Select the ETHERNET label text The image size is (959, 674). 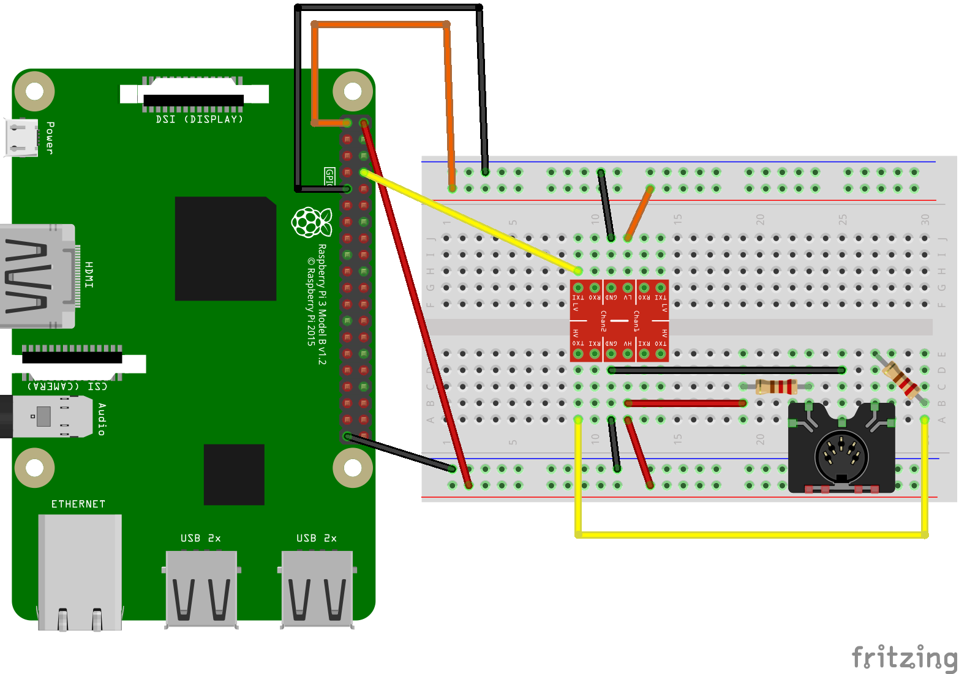pos(78,504)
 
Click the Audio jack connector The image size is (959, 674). pos(43,416)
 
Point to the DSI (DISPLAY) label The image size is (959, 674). pos(199,119)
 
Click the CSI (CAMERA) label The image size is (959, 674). pos(67,386)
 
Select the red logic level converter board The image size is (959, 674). pos(619,320)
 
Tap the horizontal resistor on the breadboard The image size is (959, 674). pos(775,386)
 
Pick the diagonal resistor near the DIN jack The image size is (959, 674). pos(900,377)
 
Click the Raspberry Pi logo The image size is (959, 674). pos(312,222)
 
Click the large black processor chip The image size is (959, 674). pos(225,249)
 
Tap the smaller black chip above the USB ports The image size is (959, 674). pos(234,474)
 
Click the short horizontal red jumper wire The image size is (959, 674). pos(685,403)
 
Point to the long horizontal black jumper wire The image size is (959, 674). pos(726,370)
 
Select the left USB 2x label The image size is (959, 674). pos(200,538)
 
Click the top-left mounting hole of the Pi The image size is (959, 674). pos(34,91)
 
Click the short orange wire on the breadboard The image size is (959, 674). pos(639,213)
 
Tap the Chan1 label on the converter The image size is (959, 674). pos(636,321)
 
